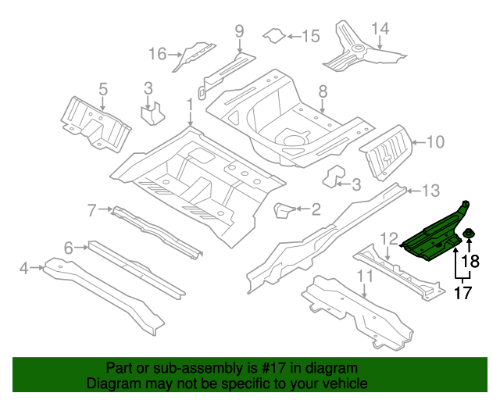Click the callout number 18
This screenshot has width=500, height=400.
[470, 262]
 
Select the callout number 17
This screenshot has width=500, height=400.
[463, 295]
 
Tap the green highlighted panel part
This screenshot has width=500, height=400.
[434, 237]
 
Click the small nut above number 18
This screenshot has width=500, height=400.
[471, 236]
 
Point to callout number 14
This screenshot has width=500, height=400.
[380, 29]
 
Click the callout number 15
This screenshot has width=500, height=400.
[310, 36]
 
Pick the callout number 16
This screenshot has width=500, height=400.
[158, 53]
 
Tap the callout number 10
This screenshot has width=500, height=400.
[435, 141]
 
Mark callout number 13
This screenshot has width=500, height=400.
[432, 190]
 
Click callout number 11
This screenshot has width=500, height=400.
[365, 275]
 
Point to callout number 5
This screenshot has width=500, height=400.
[102, 88]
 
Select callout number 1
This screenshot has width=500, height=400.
[189, 104]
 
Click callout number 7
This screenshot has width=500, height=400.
[91, 209]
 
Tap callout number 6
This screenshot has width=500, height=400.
[69, 248]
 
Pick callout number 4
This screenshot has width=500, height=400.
[24, 269]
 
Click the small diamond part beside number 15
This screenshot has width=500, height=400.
[271, 35]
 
